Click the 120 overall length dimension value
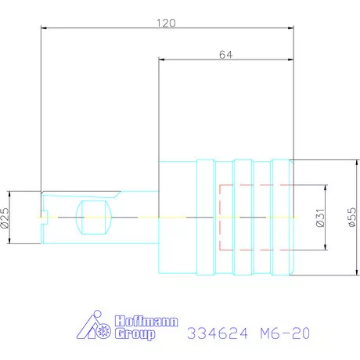[x=166, y=23]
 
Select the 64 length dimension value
[x=225, y=55]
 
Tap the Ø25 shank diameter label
[x=5, y=218]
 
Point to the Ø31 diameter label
[x=320, y=218]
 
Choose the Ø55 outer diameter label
[x=352, y=217]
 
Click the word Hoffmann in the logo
[x=146, y=321]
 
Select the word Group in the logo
[x=135, y=334]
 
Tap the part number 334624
[x=218, y=333]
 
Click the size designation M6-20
[x=285, y=333]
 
